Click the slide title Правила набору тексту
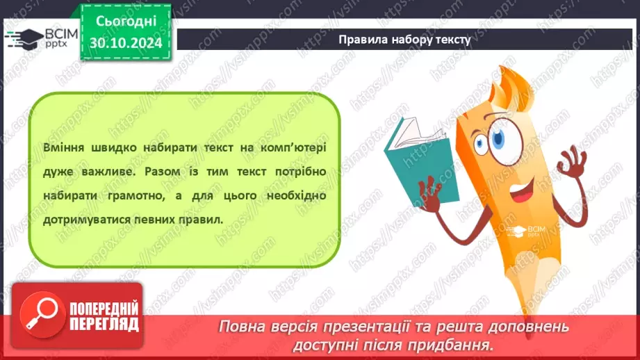404,40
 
